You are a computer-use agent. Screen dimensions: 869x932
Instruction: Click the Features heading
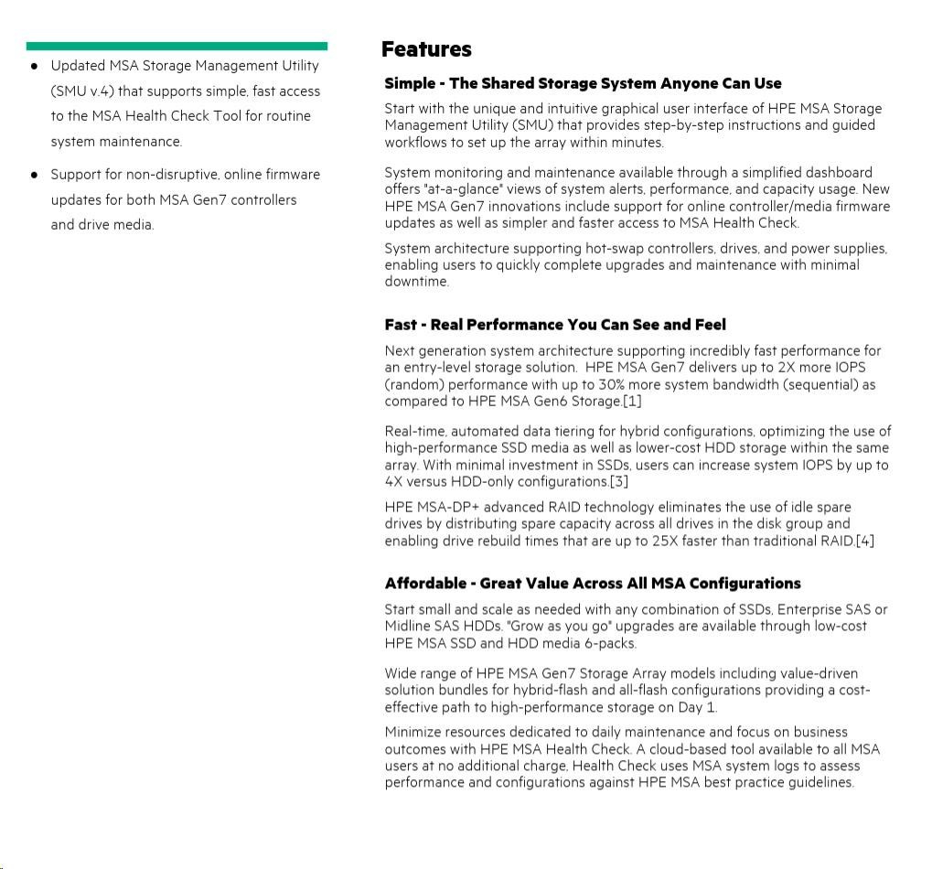point(426,49)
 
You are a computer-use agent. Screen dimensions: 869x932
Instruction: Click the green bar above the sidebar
point(177,46)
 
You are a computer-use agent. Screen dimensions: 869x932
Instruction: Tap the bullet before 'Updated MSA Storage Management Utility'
point(35,66)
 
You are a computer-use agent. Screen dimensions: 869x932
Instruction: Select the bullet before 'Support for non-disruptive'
point(35,174)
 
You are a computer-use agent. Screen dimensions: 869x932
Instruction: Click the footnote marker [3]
point(619,481)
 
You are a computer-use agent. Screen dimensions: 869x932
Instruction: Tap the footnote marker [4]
point(864,541)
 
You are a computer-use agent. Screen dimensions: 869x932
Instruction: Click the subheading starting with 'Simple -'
point(583,83)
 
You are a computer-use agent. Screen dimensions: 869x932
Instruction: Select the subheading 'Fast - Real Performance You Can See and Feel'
point(555,325)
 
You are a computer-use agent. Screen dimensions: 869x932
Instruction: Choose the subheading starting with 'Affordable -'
point(592,584)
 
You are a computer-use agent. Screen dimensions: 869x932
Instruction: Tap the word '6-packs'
point(610,643)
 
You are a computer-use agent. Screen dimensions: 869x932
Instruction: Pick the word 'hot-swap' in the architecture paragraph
point(585,248)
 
